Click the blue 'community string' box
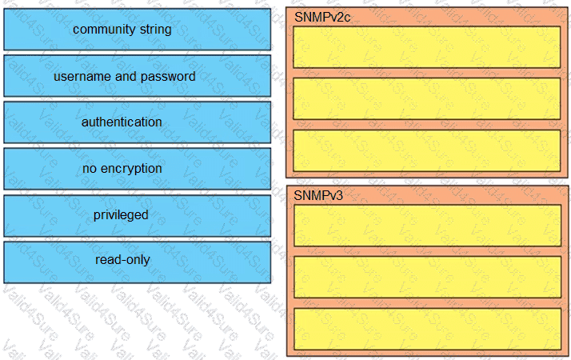tap(138, 30)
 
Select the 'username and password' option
tap(138, 76)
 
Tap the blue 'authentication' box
tap(138, 122)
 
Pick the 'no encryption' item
tap(138, 169)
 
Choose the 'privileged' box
tap(138, 216)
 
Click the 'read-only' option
tap(138, 262)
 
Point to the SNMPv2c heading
tap(322, 17)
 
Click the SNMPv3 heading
tap(318, 196)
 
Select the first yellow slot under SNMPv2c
tap(427, 47)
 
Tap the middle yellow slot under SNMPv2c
tap(427, 98)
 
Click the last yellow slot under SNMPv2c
tap(427, 150)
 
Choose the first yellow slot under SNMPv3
tap(428, 226)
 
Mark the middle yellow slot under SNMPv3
tap(428, 278)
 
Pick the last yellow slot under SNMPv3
tap(428, 329)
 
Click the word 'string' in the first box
tap(156, 30)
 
